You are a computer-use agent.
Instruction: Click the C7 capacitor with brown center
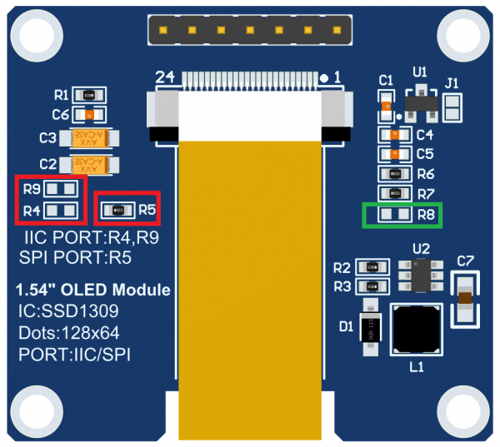(x=465, y=298)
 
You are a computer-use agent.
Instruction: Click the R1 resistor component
(x=89, y=96)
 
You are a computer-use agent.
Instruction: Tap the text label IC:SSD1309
(x=67, y=312)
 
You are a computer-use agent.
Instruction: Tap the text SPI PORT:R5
(x=74, y=257)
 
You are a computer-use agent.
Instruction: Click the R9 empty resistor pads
(x=64, y=189)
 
